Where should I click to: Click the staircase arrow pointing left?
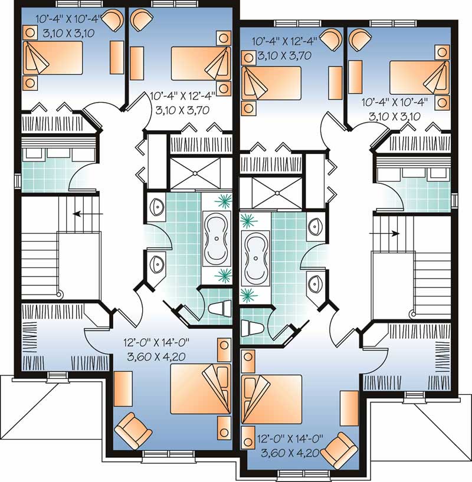[88, 213]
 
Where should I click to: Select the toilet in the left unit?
[218, 308]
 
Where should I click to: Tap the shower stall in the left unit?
[195, 173]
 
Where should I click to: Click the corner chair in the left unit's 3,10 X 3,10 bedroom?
[112, 22]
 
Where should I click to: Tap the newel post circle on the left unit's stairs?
[60, 294]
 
